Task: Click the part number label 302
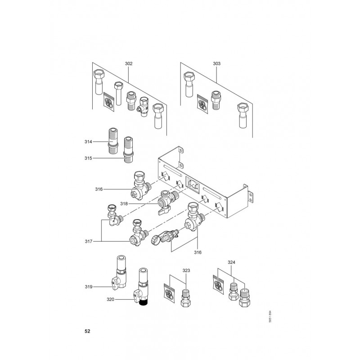[x=129, y=64]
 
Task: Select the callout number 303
[x=216, y=64]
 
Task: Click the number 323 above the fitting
[x=186, y=270]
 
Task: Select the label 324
[x=231, y=261]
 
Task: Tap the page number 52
[x=88, y=331]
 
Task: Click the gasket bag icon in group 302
[x=109, y=99]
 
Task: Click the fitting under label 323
[x=185, y=297]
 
